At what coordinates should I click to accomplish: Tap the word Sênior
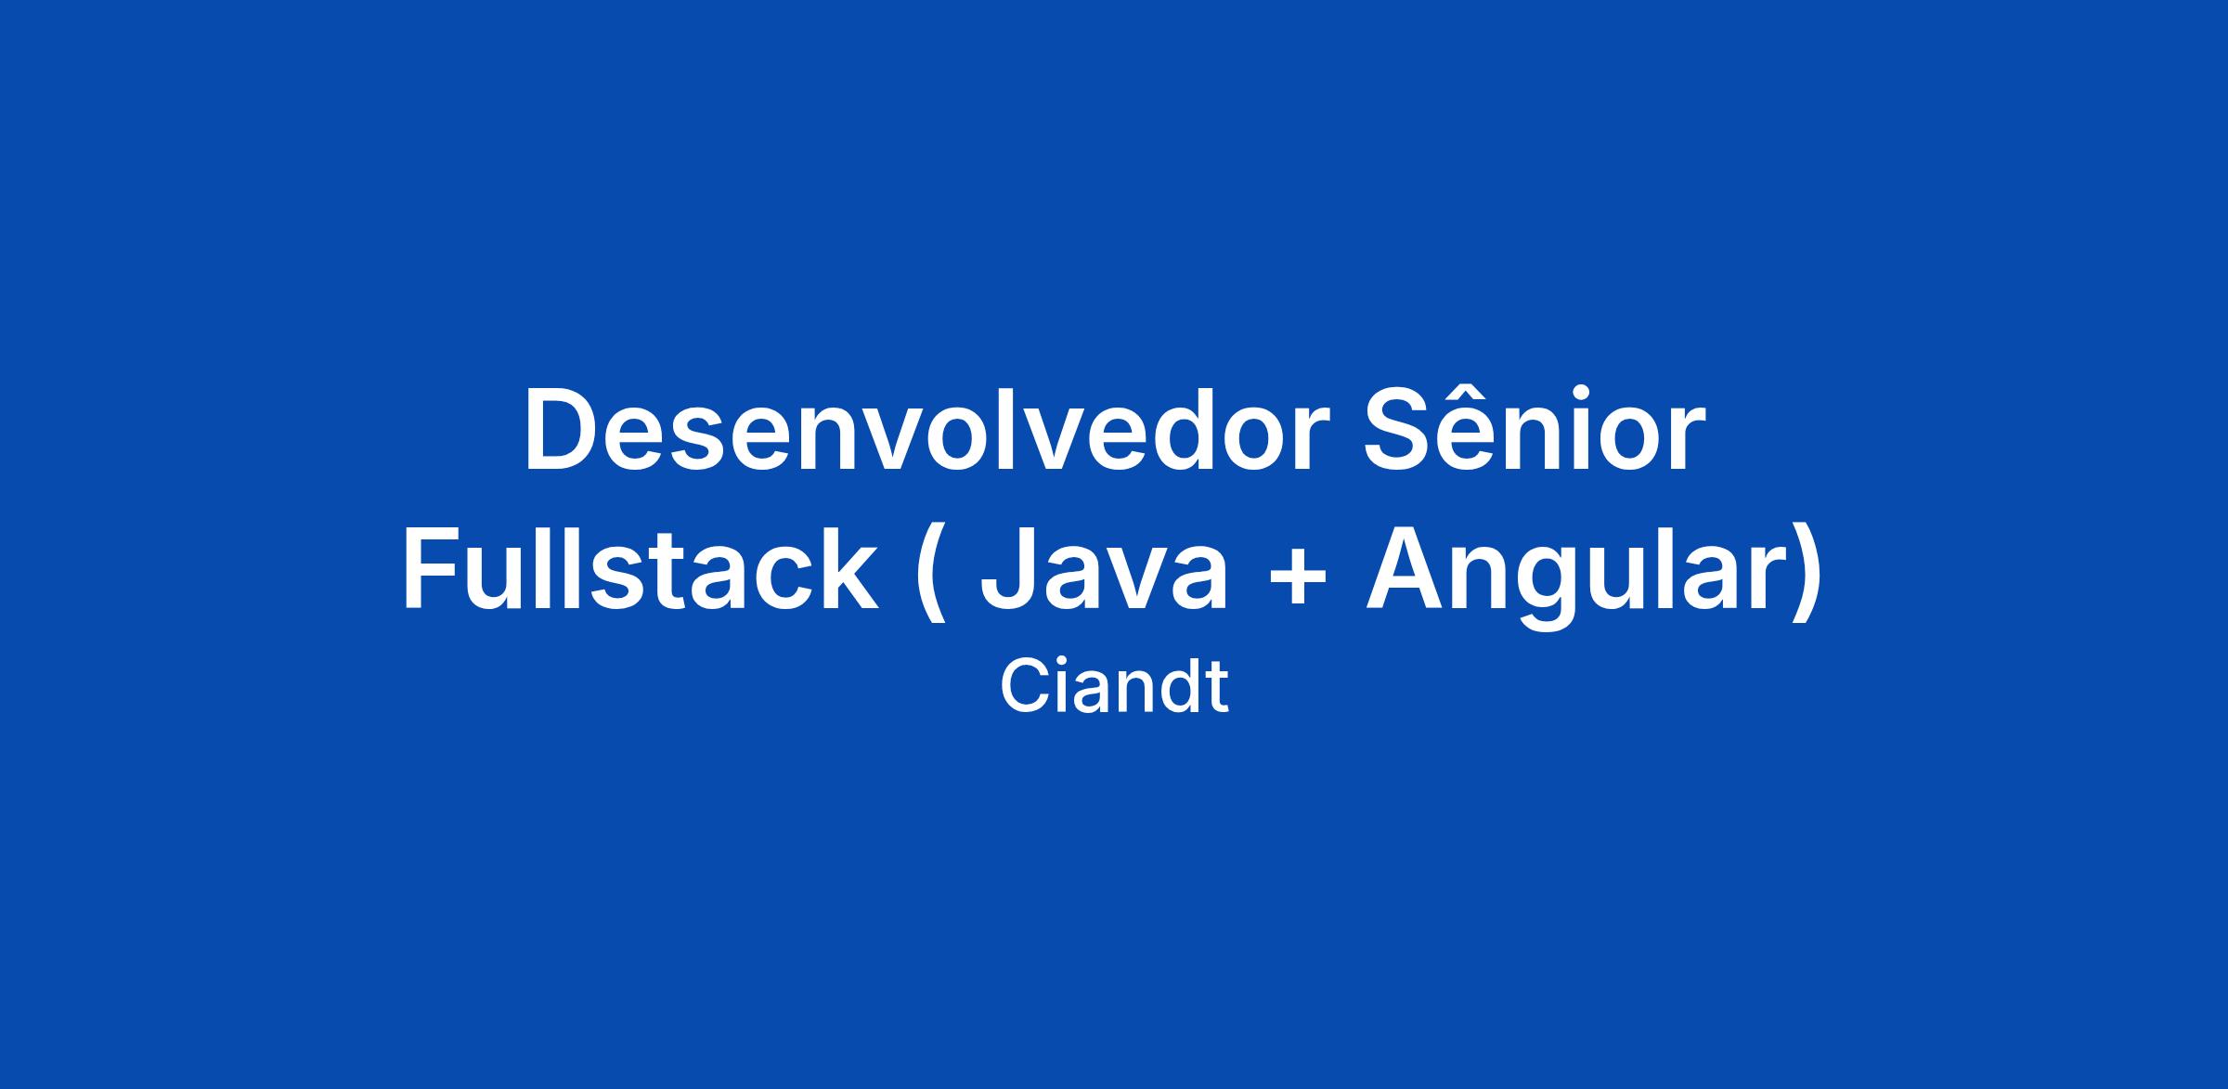coord(1535,429)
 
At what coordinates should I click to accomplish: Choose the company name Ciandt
coord(1114,687)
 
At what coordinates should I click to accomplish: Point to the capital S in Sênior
coord(1401,430)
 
